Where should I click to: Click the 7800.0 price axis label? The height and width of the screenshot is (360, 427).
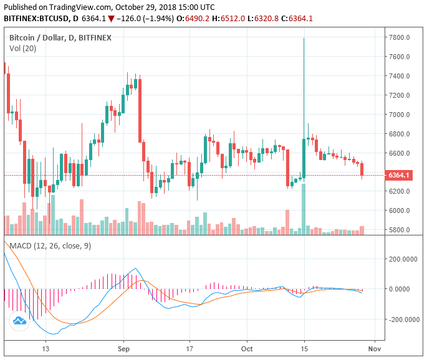coord(399,37)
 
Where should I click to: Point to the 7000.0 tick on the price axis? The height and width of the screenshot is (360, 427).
coord(399,115)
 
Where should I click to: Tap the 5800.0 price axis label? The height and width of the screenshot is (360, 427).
coord(399,230)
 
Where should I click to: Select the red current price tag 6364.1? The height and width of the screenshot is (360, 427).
coord(399,175)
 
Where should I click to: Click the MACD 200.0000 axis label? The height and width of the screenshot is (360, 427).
coord(403,258)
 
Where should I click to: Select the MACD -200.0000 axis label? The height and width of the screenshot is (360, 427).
coord(401,320)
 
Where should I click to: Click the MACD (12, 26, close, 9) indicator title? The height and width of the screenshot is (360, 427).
coord(50,246)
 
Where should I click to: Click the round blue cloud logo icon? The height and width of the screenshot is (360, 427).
coord(19,321)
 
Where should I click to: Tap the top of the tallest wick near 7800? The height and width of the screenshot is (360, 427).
coord(304,39)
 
